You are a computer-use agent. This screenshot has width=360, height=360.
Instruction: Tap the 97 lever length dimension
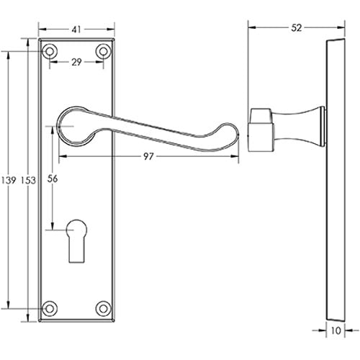point(149,156)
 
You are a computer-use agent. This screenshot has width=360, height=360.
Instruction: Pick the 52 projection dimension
point(297,28)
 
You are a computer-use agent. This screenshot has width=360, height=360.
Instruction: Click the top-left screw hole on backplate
point(50,52)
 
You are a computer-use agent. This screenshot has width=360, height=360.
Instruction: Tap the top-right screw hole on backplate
point(104,52)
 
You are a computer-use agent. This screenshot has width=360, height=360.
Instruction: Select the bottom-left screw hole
point(50,307)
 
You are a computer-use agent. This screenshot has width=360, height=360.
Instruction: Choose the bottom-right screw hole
point(104,307)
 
